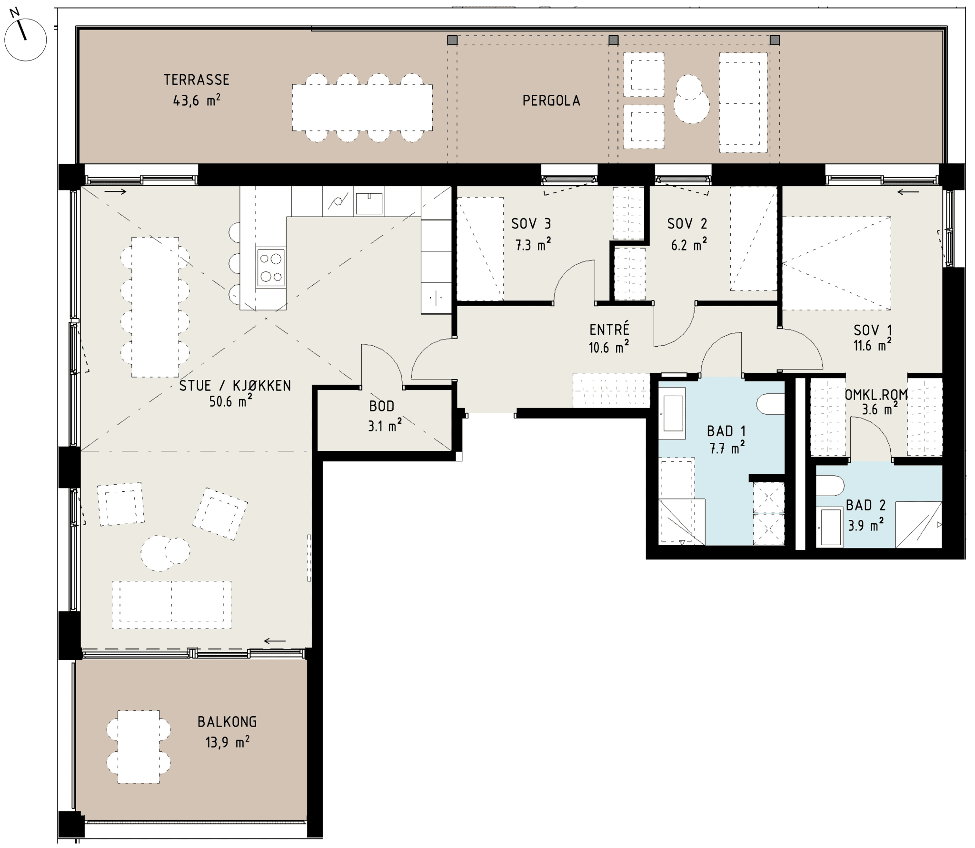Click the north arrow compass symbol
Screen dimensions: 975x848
(25, 40)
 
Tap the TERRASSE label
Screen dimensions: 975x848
(197, 80)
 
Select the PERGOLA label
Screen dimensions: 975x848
(551, 100)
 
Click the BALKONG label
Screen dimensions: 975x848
(227, 722)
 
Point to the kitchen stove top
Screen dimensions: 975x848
(271, 267)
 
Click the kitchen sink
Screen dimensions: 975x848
(369, 203)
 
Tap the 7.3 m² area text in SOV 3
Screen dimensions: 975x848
(533, 245)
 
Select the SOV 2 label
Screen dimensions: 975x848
(687, 224)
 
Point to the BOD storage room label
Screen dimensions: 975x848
(382, 406)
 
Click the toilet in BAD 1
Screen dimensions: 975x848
(770, 404)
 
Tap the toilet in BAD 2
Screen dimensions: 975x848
(830, 486)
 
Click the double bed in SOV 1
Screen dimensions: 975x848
(836, 263)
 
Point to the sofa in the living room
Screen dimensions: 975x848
(171, 605)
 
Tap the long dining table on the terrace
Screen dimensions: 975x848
(362, 108)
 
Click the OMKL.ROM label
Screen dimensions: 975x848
(876, 395)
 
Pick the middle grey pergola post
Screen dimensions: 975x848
(614, 40)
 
